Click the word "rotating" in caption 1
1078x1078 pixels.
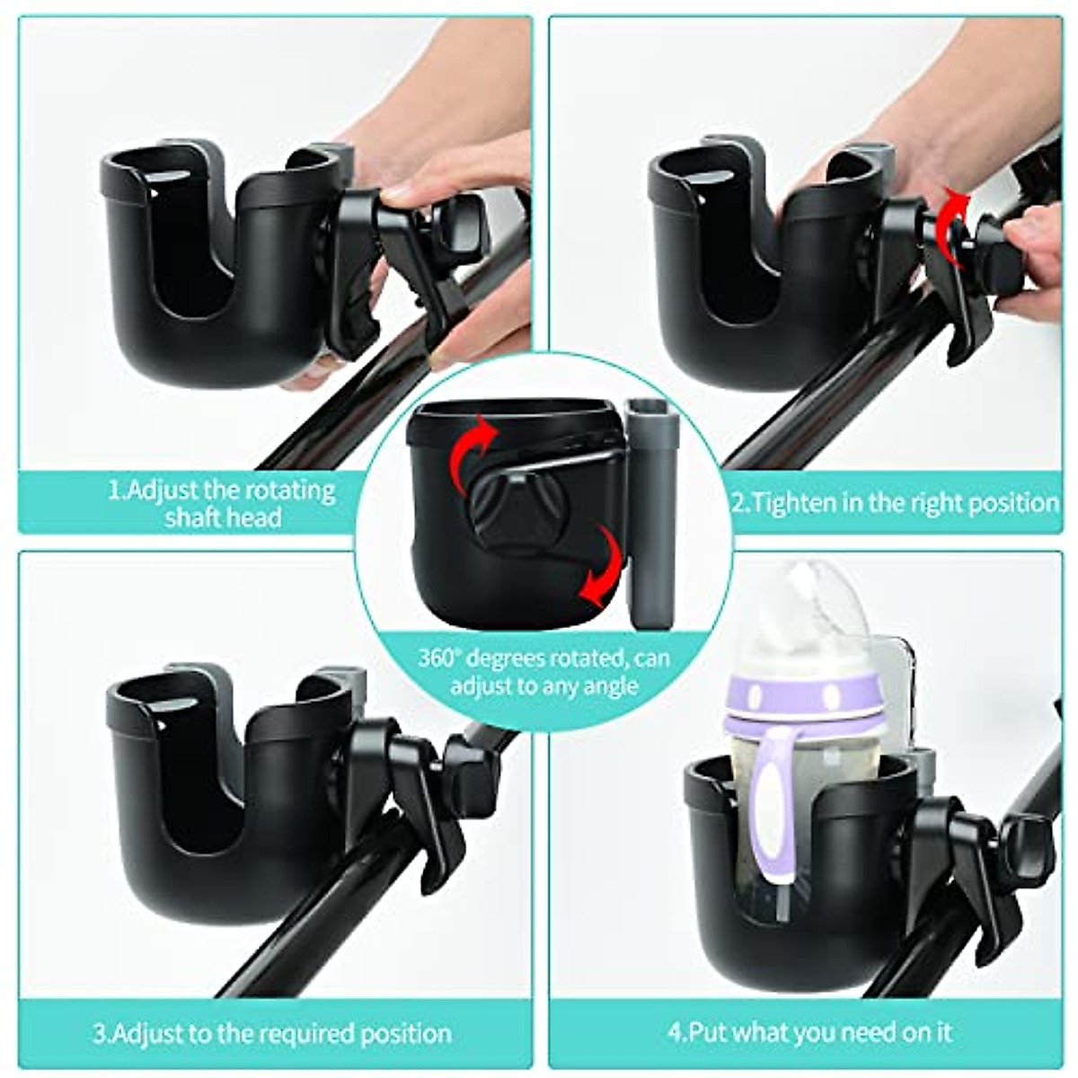pyautogui.click(x=283, y=490)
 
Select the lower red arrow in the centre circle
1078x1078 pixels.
pyautogui.click(x=599, y=566)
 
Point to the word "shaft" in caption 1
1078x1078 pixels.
pyautogui.click(x=194, y=517)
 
